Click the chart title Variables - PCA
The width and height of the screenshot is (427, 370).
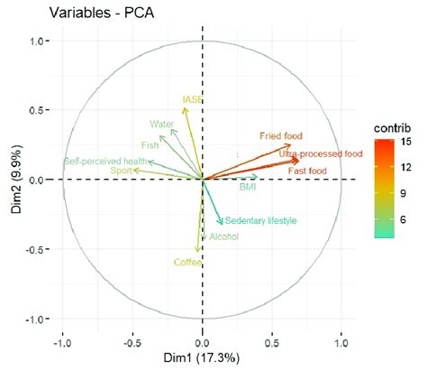(x=85, y=14)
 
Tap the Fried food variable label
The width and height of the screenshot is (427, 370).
(x=282, y=135)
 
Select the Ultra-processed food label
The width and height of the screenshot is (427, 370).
(x=314, y=154)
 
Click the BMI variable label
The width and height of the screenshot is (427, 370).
(x=248, y=188)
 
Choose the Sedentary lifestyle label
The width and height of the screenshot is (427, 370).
(x=260, y=221)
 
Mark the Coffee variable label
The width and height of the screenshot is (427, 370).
(x=190, y=263)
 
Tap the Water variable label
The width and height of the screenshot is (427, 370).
(x=161, y=125)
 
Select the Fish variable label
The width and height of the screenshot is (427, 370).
(x=150, y=144)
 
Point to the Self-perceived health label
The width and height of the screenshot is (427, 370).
(x=104, y=162)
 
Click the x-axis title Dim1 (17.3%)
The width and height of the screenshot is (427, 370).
(x=202, y=358)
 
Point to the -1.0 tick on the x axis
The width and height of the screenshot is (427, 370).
(x=62, y=344)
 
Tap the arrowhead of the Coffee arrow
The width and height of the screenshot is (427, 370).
(x=197, y=251)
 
